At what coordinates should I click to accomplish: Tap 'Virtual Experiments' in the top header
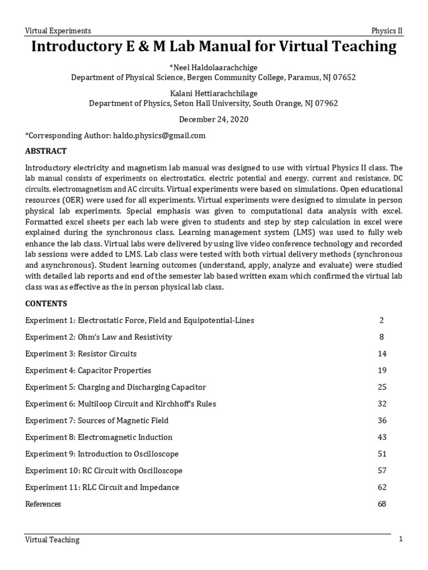pos(59,31)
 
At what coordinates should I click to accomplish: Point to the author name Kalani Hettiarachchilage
pos(213,93)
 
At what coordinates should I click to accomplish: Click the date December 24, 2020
pos(213,119)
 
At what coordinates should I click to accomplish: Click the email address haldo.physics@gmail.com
pos(159,135)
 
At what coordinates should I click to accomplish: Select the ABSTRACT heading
pos(46,151)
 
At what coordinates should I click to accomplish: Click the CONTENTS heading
pos(46,303)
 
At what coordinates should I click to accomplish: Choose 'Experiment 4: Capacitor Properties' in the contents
pos(88,370)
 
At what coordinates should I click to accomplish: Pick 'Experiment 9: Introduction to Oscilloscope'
pos(102,454)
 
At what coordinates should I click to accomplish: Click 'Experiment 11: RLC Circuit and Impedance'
pos(103,487)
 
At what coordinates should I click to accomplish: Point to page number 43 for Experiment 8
pos(382,437)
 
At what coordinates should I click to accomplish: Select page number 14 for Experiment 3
pos(382,353)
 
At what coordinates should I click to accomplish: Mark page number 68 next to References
pos(382,504)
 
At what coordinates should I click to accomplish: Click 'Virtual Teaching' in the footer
pos(52,539)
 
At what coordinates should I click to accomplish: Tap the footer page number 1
pos(400,539)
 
